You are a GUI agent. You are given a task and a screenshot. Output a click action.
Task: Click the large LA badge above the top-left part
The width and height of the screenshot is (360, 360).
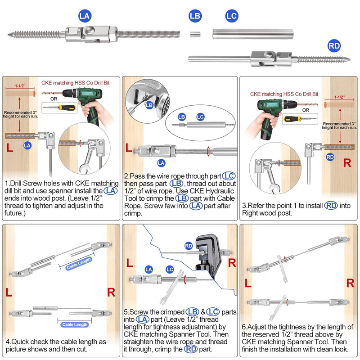coord(85,16)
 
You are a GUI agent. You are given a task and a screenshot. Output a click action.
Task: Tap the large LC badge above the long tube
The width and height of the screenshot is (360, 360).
coord(231,16)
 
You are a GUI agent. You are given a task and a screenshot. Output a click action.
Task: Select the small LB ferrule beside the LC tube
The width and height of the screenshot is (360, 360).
coord(195,33)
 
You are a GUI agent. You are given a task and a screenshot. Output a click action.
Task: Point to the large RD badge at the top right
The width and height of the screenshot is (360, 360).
coord(334,45)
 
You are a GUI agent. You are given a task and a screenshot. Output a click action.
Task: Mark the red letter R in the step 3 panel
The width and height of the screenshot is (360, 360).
coord(347,163)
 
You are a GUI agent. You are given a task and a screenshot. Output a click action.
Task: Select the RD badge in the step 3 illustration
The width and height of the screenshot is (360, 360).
coord(330,157)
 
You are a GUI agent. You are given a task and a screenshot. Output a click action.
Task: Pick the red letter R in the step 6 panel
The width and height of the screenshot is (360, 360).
coord(350,283)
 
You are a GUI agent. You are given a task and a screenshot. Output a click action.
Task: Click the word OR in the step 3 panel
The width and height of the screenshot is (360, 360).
coord(306,109)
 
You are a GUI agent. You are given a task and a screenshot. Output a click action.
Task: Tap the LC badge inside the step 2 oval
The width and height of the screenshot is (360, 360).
coord(201,117)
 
